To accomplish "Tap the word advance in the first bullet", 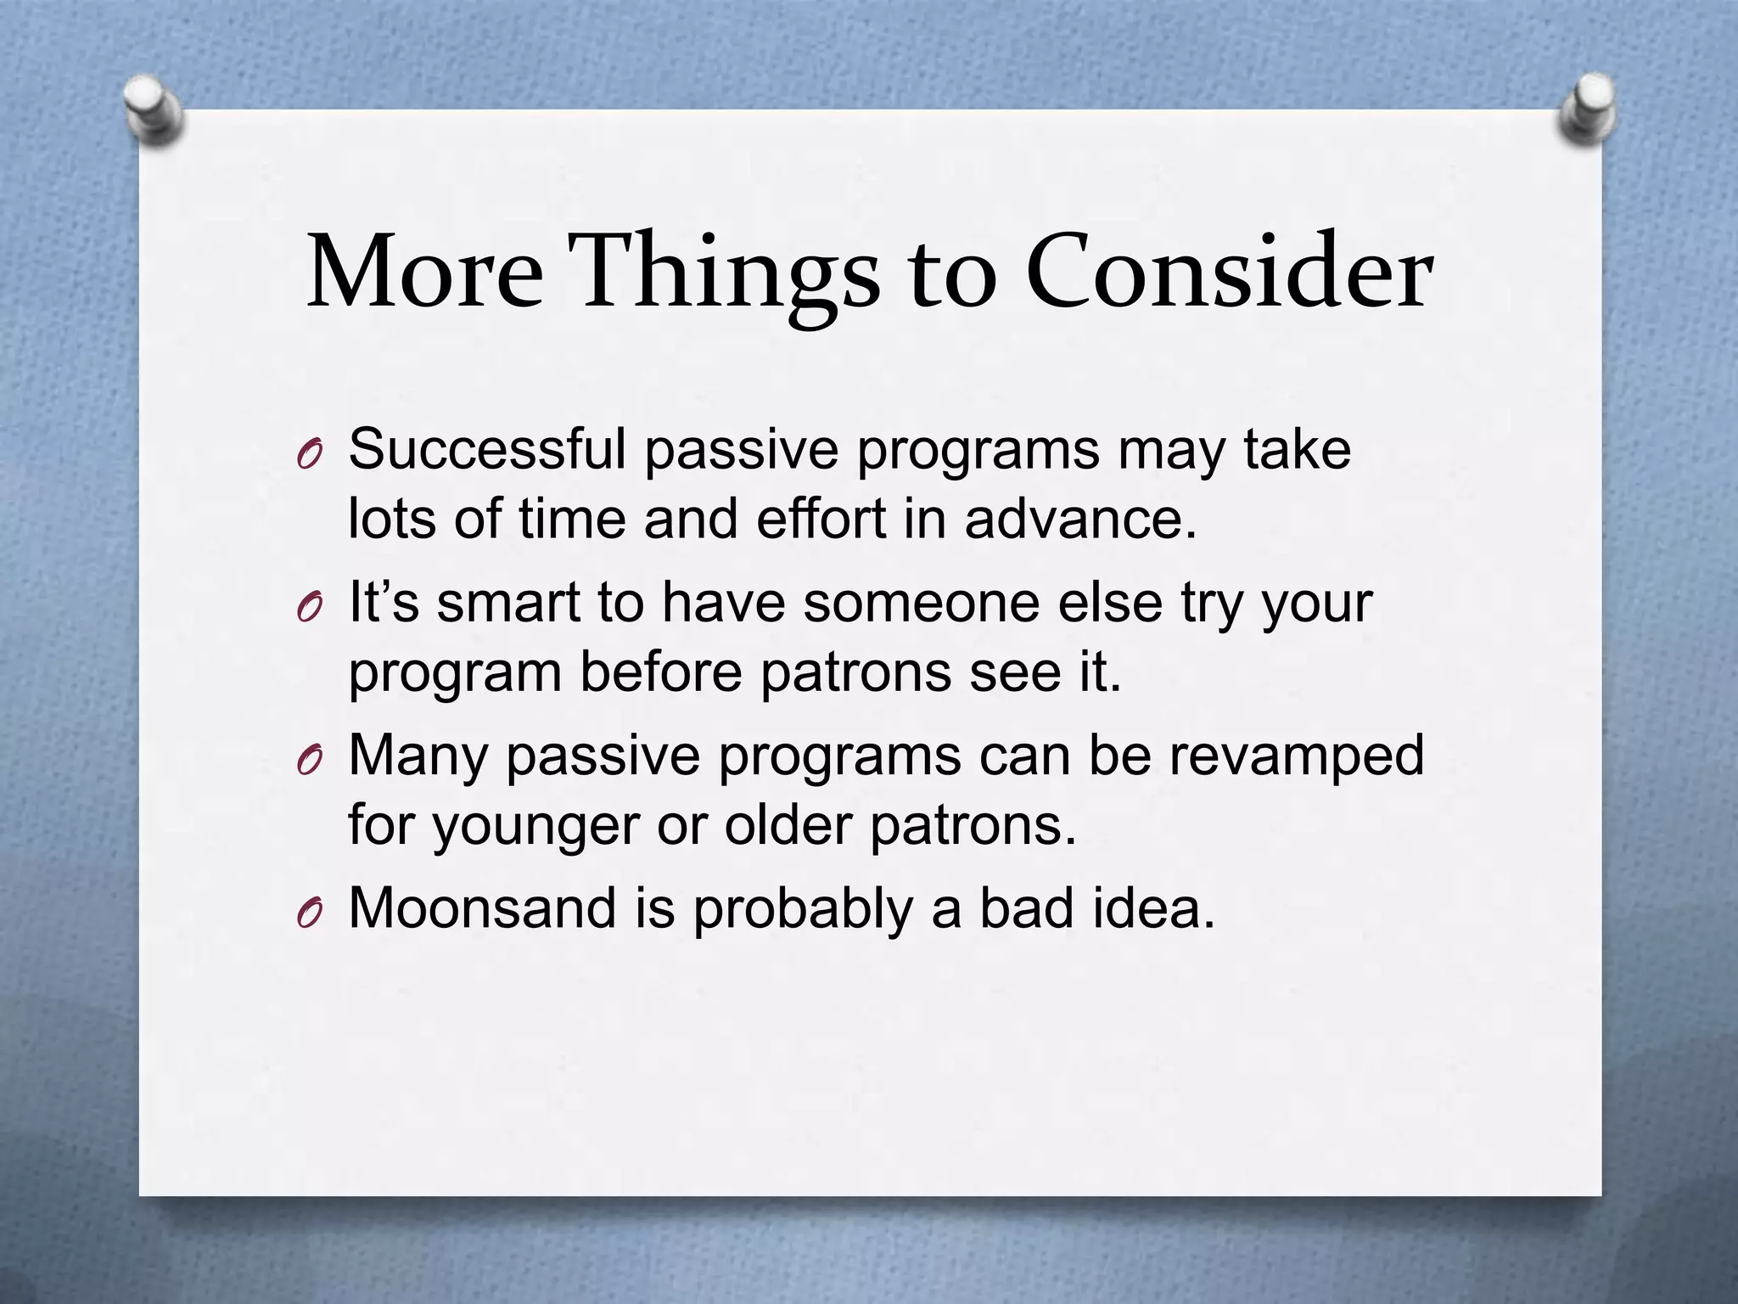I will click(1078, 519).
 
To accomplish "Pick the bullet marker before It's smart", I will click(309, 609).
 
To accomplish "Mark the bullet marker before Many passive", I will click(309, 762).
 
